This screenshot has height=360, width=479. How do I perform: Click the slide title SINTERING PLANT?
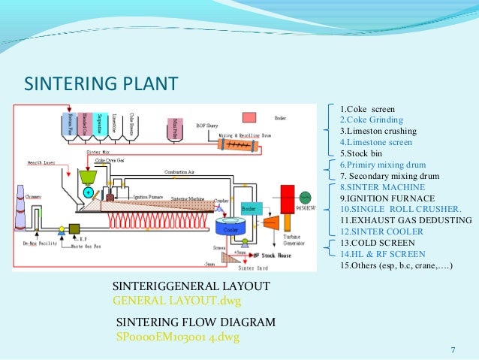101,82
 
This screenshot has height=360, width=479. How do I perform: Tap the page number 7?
453,349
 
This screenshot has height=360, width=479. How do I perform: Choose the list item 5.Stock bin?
363,153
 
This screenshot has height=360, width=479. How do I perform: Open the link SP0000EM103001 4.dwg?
177,336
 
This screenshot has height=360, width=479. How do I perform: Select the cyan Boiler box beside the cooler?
249,208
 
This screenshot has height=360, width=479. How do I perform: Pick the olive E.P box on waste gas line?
75,228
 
